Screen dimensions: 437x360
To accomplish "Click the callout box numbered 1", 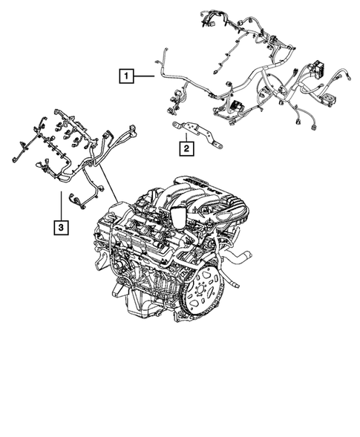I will click(x=127, y=75).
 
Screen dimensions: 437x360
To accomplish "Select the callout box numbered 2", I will click(x=186, y=148).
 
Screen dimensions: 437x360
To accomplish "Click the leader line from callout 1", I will click(x=145, y=75).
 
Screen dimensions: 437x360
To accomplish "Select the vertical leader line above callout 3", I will click(x=59, y=203).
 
